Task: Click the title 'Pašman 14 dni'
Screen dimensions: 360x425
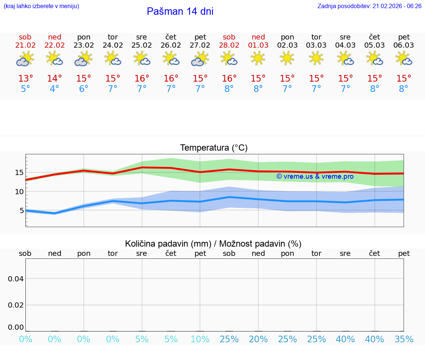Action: click(x=180, y=11)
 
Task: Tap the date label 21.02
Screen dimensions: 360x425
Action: click(x=25, y=45)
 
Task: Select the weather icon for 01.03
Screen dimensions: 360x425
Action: click(x=258, y=58)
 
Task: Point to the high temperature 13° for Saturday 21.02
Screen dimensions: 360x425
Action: click(x=25, y=79)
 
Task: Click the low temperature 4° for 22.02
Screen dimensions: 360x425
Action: click(x=55, y=89)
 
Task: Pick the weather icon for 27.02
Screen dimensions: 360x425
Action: click(x=200, y=58)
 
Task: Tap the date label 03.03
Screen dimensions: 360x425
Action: click(x=316, y=45)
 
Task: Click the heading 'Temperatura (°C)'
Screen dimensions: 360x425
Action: click(x=214, y=148)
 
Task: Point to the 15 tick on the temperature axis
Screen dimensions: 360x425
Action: click(x=19, y=172)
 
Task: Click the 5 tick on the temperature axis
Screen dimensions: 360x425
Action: click(x=21, y=211)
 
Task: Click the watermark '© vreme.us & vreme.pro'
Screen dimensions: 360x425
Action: click(x=315, y=176)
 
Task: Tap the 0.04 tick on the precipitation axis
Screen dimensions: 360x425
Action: click(x=16, y=278)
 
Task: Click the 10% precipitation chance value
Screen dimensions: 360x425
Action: click(x=200, y=339)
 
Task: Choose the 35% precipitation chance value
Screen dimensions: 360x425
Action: click(x=404, y=339)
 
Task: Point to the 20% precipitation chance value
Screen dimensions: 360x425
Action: click(x=258, y=339)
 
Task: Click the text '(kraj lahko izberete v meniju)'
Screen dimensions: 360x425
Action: click(x=41, y=6)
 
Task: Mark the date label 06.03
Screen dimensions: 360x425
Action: click(x=404, y=45)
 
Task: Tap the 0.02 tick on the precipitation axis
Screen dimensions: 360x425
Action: click(x=16, y=305)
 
